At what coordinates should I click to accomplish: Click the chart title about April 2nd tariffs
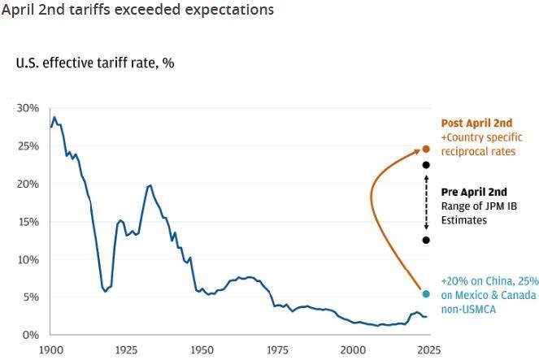pyautogui.click(x=137, y=11)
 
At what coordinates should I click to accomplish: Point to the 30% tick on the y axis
pyautogui.click(x=28, y=108)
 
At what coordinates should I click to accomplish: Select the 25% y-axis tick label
pyautogui.click(x=28, y=146)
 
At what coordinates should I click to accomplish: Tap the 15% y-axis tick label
pyautogui.click(x=28, y=222)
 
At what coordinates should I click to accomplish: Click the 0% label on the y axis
pyautogui.click(x=31, y=335)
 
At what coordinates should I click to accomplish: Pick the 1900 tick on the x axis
pyautogui.click(x=50, y=349)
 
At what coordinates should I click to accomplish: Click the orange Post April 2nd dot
pyautogui.click(x=426, y=150)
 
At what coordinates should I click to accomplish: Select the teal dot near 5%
pyautogui.click(x=426, y=293)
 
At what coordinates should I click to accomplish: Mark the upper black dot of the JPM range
pyautogui.click(x=426, y=165)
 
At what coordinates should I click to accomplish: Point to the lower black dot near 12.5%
pyautogui.click(x=426, y=240)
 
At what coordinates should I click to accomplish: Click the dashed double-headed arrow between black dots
pyautogui.click(x=426, y=202)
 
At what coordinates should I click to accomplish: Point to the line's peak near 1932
pyautogui.click(x=150, y=185)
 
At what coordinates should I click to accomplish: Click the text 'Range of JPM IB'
pyautogui.click(x=482, y=206)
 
